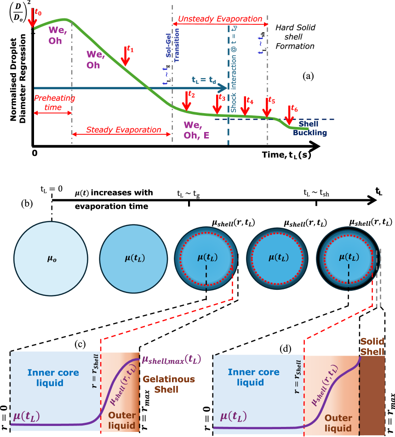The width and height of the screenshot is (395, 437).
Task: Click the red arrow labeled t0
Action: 32,18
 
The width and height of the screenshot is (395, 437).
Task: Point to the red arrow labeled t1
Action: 125,56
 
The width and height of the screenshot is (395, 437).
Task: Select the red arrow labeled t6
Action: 289,115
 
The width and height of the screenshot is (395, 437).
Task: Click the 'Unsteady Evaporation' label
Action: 220,19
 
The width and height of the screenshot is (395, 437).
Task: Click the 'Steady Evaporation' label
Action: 124,130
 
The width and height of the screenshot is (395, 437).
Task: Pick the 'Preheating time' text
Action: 54,103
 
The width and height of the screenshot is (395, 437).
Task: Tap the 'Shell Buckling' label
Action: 310,129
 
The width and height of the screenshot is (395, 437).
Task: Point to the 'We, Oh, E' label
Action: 196,130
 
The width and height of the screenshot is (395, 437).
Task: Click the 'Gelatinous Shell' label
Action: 169,384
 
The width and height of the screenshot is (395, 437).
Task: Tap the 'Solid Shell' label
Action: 372,346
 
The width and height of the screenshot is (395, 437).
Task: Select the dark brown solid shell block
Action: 372,396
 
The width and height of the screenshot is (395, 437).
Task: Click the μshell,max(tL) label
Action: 171,359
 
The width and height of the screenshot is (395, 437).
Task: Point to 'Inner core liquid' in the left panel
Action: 53,378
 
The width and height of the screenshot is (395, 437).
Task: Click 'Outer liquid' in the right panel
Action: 338,423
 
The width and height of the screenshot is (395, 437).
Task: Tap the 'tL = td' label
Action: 204,80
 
